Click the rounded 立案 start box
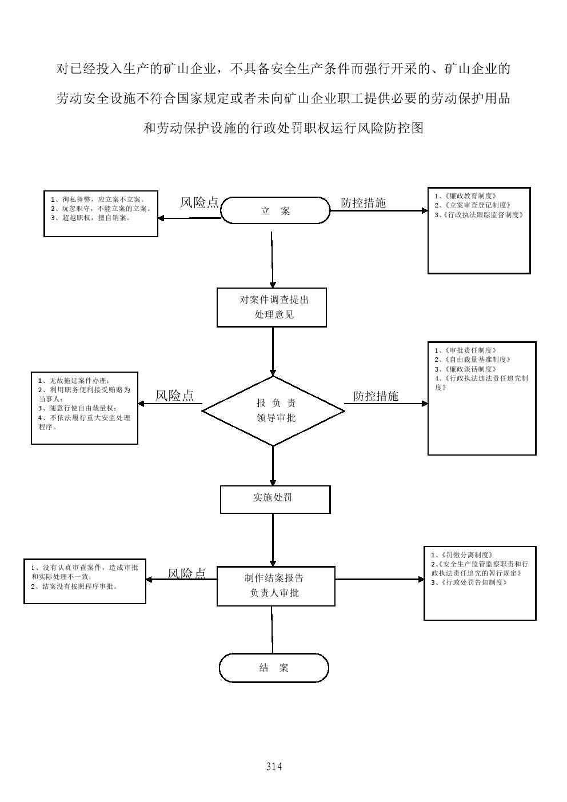coord(275,211)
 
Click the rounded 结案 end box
coord(274,668)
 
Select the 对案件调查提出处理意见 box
coord(271,307)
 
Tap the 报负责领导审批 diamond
coord(273,410)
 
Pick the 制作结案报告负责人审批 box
coord(275,586)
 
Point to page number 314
coord(274,766)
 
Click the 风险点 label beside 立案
coord(199,202)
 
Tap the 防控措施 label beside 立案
coord(363,203)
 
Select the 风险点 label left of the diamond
coord(174,396)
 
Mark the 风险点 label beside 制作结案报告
coord(186,573)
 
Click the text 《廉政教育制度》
coord(465,196)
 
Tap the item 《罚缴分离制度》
coord(462,554)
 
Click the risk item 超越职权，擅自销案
coord(91,218)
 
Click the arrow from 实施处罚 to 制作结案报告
coord(273,540)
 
